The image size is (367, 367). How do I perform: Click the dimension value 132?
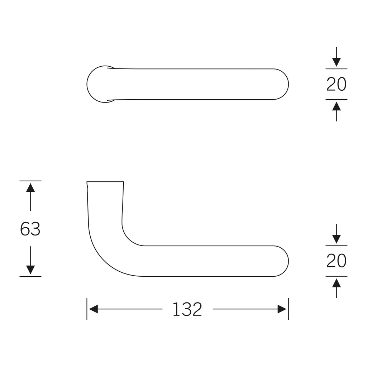[187, 309]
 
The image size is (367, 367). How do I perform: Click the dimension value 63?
[30, 229]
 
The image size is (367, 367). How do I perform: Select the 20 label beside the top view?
[336, 84]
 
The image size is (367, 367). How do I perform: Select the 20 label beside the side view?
[336, 261]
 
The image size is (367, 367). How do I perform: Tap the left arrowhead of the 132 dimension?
[94, 309]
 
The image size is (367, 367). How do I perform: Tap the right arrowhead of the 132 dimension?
[282, 309]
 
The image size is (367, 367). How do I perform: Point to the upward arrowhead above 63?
[30, 188]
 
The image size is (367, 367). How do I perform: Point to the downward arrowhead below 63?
[30, 270]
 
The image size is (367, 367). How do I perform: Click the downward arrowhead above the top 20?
[336, 62]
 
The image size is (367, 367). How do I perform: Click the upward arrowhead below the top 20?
[336, 106]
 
